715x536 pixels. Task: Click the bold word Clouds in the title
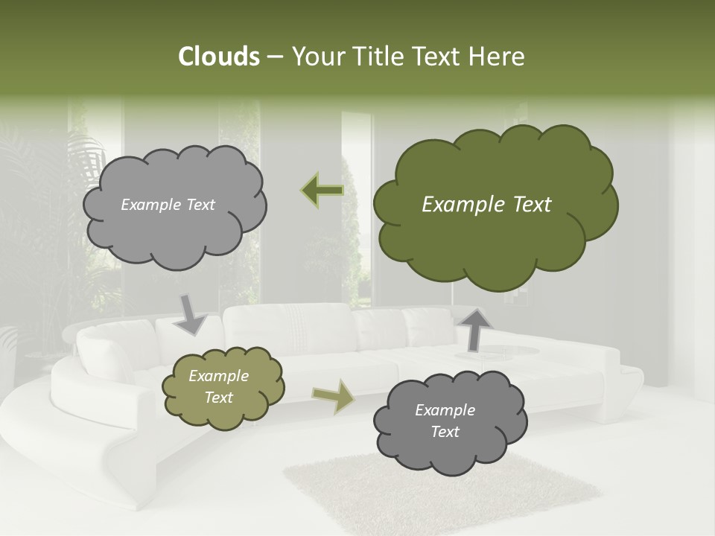tap(219, 57)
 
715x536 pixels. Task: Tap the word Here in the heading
tap(498, 57)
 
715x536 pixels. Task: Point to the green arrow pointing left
tap(322, 191)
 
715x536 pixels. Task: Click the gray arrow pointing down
tap(191, 314)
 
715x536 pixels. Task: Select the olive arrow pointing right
tap(333, 396)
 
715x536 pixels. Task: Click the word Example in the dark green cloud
tap(457, 205)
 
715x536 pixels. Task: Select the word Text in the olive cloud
tap(219, 398)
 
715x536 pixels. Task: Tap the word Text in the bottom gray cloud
tap(445, 432)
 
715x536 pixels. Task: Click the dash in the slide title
tap(274, 57)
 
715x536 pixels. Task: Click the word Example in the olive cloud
tap(219, 376)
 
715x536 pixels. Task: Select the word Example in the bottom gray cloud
tap(445, 410)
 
